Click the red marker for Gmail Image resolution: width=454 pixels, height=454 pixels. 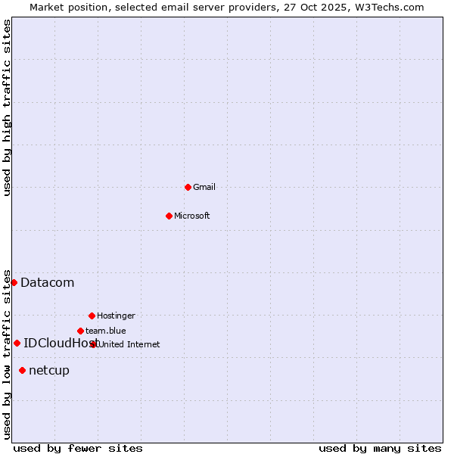(188, 187)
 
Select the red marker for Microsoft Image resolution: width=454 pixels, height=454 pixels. (169, 216)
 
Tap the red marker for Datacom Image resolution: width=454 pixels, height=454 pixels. (14, 282)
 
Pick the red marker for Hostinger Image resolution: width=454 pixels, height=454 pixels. (92, 316)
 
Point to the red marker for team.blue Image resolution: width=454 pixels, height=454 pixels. (80, 331)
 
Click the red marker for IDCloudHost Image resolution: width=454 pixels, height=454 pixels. (17, 343)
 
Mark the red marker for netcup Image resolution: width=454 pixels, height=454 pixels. (22, 370)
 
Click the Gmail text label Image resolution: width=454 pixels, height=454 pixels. (204, 187)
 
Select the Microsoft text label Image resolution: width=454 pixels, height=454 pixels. (192, 216)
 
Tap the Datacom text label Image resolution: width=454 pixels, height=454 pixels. (48, 283)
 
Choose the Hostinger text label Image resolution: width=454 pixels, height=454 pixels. (116, 316)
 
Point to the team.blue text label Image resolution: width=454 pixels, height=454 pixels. (106, 331)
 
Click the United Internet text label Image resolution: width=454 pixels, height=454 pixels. (129, 344)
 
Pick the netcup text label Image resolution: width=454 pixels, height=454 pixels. (49, 371)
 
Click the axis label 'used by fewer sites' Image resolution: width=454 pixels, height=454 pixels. (78, 448)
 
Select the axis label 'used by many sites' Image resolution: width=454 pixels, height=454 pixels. (380, 448)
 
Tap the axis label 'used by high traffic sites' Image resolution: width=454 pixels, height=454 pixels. (8, 107)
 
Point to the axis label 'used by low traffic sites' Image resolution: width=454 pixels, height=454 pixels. (8, 353)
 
